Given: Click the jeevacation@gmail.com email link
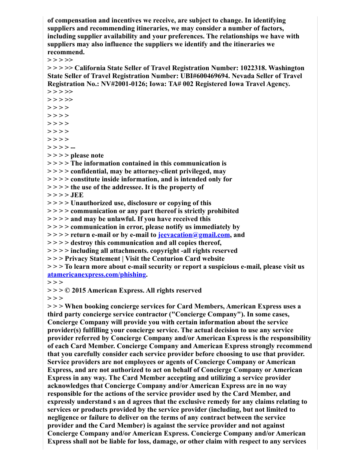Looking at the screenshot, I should pyautogui.click(x=194, y=235).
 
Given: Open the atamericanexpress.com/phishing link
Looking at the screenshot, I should pyautogui.click(x=97, y=274).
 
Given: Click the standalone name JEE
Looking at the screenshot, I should pyautogui.click(x=77, y=195).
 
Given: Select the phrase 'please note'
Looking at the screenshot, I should pyautogui.click(x=87, y=155).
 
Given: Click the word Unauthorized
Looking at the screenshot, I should pyautogui.click(x=92, y=203).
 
